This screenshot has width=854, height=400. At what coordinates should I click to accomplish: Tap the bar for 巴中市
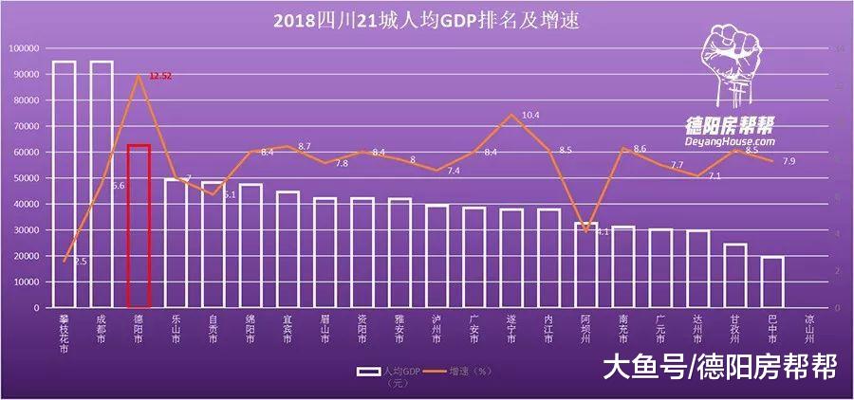[772, 282]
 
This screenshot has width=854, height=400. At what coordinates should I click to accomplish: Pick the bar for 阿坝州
[586, 265]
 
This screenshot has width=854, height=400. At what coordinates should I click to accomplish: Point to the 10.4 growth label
[530, 115]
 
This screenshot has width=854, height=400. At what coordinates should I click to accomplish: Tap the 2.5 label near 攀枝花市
[81, 261]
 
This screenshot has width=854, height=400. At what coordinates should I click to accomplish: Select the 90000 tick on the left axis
[25, 74]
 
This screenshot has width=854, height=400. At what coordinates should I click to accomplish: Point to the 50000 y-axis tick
[25, 178]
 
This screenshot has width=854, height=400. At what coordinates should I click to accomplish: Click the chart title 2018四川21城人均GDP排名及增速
[426, 19]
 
